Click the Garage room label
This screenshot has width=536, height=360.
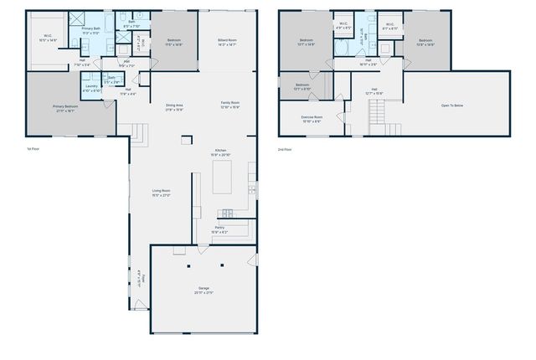(x=204, y=290)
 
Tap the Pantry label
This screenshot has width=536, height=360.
(x=219, y=228)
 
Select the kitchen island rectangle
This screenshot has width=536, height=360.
(x=222, y=177)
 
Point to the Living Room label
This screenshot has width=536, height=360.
(x=161, y=193)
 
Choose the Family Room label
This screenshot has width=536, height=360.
(x=229, y=104)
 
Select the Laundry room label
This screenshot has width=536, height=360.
(x=92, y=88)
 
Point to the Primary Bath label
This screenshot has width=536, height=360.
(x=90, y=31)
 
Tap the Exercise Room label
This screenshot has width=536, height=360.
(x=312, y=118)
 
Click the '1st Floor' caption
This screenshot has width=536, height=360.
(x=33, y=148)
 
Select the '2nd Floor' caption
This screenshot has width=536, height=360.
(x=286, y=148)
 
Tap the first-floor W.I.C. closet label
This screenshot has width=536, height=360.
(x=47, y=37)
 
